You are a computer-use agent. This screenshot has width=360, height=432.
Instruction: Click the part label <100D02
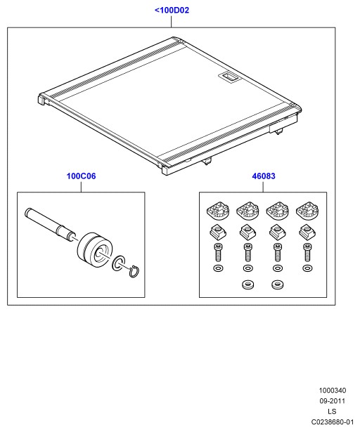[x=172, y=11]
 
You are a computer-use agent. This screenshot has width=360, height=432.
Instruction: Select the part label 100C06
[x=81, y=176]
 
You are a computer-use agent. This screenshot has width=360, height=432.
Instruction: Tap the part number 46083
[x=264, y=176]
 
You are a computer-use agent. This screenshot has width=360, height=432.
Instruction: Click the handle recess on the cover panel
[x=229, y=77]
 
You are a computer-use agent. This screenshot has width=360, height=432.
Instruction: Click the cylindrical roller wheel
[x=95, y=250]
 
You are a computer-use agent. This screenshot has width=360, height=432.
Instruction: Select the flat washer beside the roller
[x=119, y=263]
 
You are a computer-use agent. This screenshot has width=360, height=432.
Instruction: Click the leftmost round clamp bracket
[x=218, y=211]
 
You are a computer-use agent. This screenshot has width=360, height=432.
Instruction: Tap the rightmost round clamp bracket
[x=307, y=211]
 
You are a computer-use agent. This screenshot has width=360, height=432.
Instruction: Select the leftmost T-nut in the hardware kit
[x=218, y=232]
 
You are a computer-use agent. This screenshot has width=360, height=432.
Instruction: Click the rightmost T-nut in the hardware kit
[x=307, y=232]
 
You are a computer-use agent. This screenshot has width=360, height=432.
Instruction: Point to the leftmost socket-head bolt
[x=218, y=252]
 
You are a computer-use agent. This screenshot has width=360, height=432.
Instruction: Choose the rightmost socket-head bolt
[x=307, y=252]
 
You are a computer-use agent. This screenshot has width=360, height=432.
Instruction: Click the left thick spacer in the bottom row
[x=247, y=284]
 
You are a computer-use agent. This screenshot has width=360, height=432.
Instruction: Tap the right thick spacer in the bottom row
[x=277, y=284]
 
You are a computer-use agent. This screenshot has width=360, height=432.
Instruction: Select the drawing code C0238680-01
[x=333, y=421]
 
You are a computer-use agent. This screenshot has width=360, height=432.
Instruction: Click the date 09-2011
[x=333, y=401]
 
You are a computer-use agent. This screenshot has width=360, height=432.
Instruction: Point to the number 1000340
[x=333, y=391]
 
